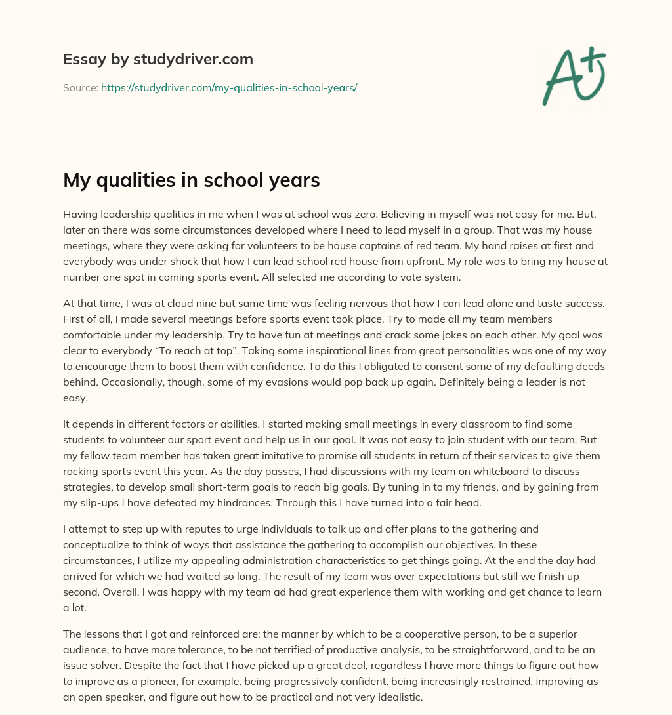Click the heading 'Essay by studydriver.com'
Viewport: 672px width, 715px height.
pyautogui.click(x=157, y=59)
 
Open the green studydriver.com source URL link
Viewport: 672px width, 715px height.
pyautogui.click(x=229, y=87)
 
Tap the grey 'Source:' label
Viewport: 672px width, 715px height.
pyautogui.click(x=80, y=87)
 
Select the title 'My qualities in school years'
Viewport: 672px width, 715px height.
pyautogui.click(x=191, y=180)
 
